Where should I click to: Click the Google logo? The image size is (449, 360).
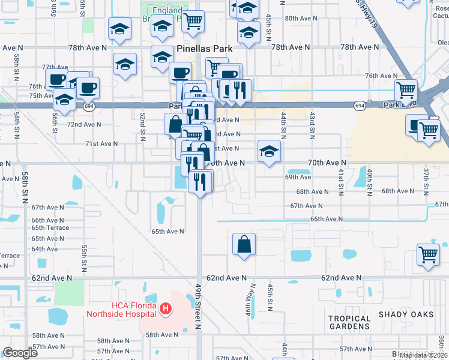(20, 353)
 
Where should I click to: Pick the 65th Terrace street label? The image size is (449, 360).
(50, 228)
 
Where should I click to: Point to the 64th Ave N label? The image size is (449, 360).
(44, 248)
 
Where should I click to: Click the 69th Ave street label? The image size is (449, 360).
(298, 177)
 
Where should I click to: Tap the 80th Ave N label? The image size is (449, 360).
(305, 19)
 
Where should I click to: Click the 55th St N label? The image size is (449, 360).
(85, 256)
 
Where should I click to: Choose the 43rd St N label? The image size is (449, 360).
(312, 124)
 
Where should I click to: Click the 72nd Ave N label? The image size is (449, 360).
(84, 125)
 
